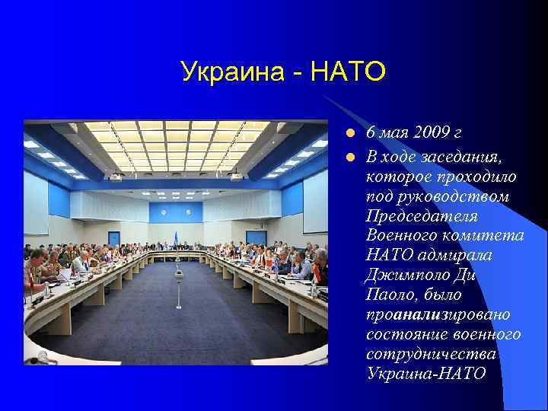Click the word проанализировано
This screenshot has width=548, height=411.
pyautogui.click(x=438, y=314)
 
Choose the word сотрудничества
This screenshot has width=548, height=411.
pyautogui.click(x=431, y=354)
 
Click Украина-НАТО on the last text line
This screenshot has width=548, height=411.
pyautogui.click(x=425, y=374)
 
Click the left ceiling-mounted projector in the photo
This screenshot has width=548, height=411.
pyautogui.click(x=116, y=177)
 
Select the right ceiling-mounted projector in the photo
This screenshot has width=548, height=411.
pyautogui.click(x=236, y=177)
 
